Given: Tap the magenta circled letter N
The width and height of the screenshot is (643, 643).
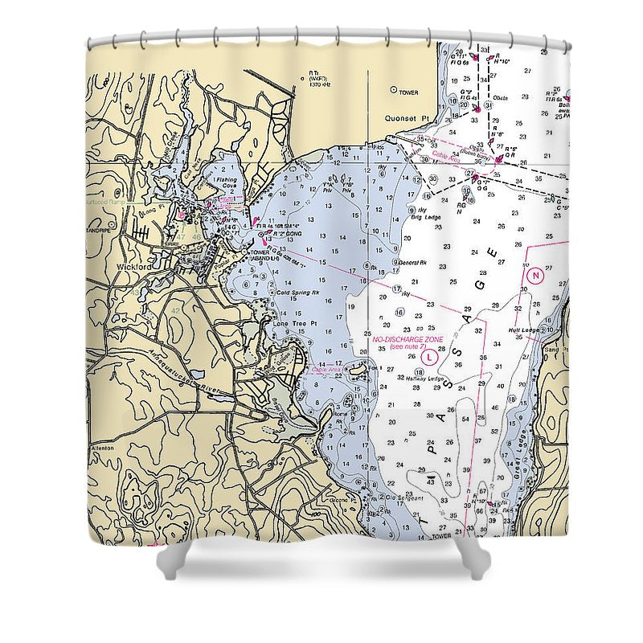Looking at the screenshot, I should point(536,275).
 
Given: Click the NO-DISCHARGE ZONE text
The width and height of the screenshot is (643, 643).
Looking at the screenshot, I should point(408,339).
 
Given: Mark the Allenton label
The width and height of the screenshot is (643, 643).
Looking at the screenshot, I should point(102,448).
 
